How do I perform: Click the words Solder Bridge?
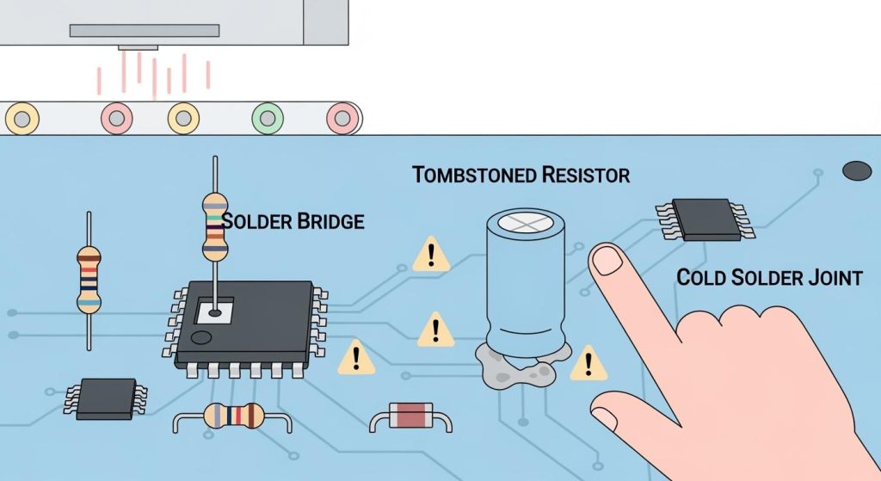click(x=293, y=221)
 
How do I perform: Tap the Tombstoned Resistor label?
click(x=521, y=176)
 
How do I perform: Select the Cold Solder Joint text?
click(x=768, y=277)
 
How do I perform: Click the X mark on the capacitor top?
click(x=525, y=222)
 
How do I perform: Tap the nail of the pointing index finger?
click(x=607, y=259)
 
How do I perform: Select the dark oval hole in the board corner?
click(x=858, y=170)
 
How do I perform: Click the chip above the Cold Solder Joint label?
click(x=705, y=219)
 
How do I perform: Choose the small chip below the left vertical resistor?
click(x=106, y=398)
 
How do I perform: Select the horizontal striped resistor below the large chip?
click(x=233, y=416)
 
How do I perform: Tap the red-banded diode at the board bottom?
click(x=410, y=416)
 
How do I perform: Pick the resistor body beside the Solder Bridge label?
click(x=214, y=226)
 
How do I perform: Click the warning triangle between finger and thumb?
click(x=588, y=363)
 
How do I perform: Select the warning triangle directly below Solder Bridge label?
click(x=430, y=256)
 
